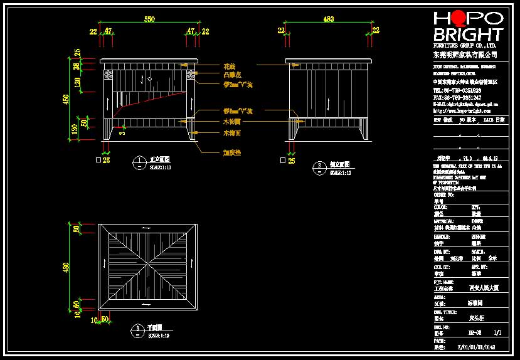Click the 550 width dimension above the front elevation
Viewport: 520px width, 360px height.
tap(149, 20)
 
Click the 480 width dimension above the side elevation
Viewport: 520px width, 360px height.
tap(328, 20)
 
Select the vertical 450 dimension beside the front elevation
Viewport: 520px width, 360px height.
tap(65, 100)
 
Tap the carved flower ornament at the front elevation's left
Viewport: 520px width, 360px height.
tap(107, 76)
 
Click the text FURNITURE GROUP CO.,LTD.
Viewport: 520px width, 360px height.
tap(465, 46)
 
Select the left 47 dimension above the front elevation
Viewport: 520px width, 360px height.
tap(108, 30)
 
